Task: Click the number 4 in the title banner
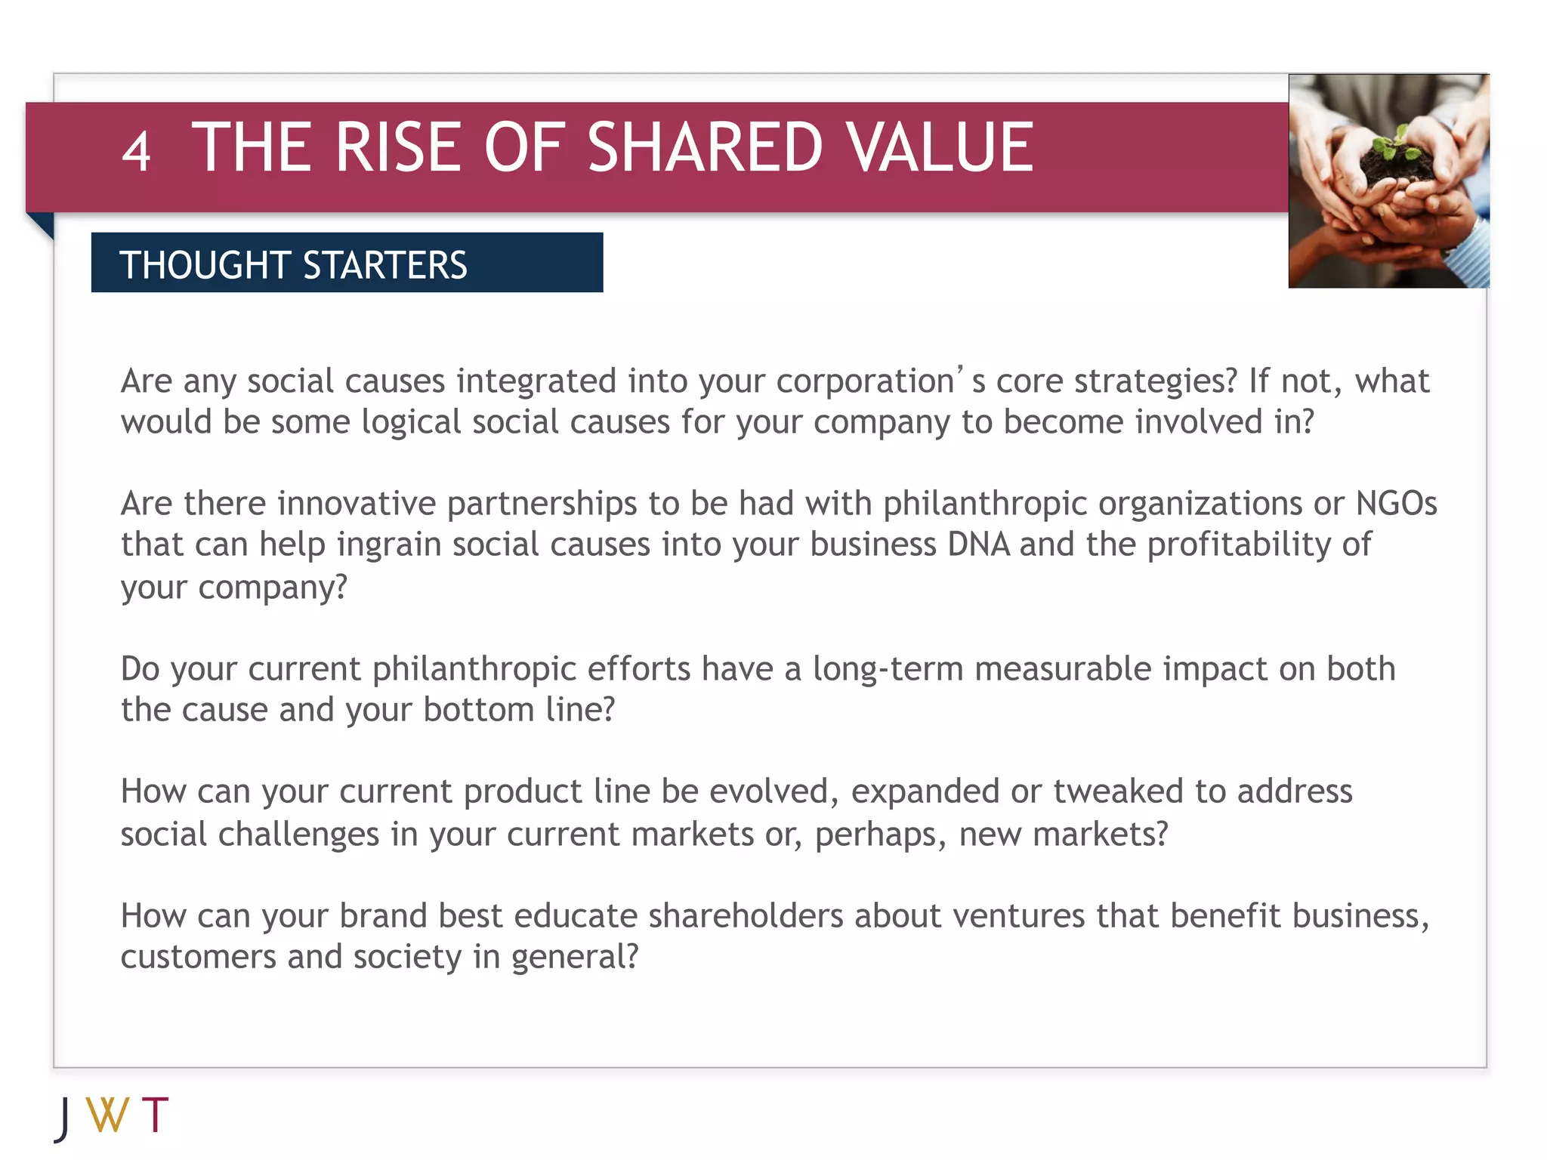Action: [x=136, y=152]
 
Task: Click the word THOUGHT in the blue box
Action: [x=205, y=265]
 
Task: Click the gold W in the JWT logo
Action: [x=107, y=1114]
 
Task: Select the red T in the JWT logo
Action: [x=155, y=1114]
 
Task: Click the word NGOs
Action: [x=1396, y=504]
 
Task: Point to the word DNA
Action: [x=978, y=545]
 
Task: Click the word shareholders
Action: [x=746, y=916]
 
